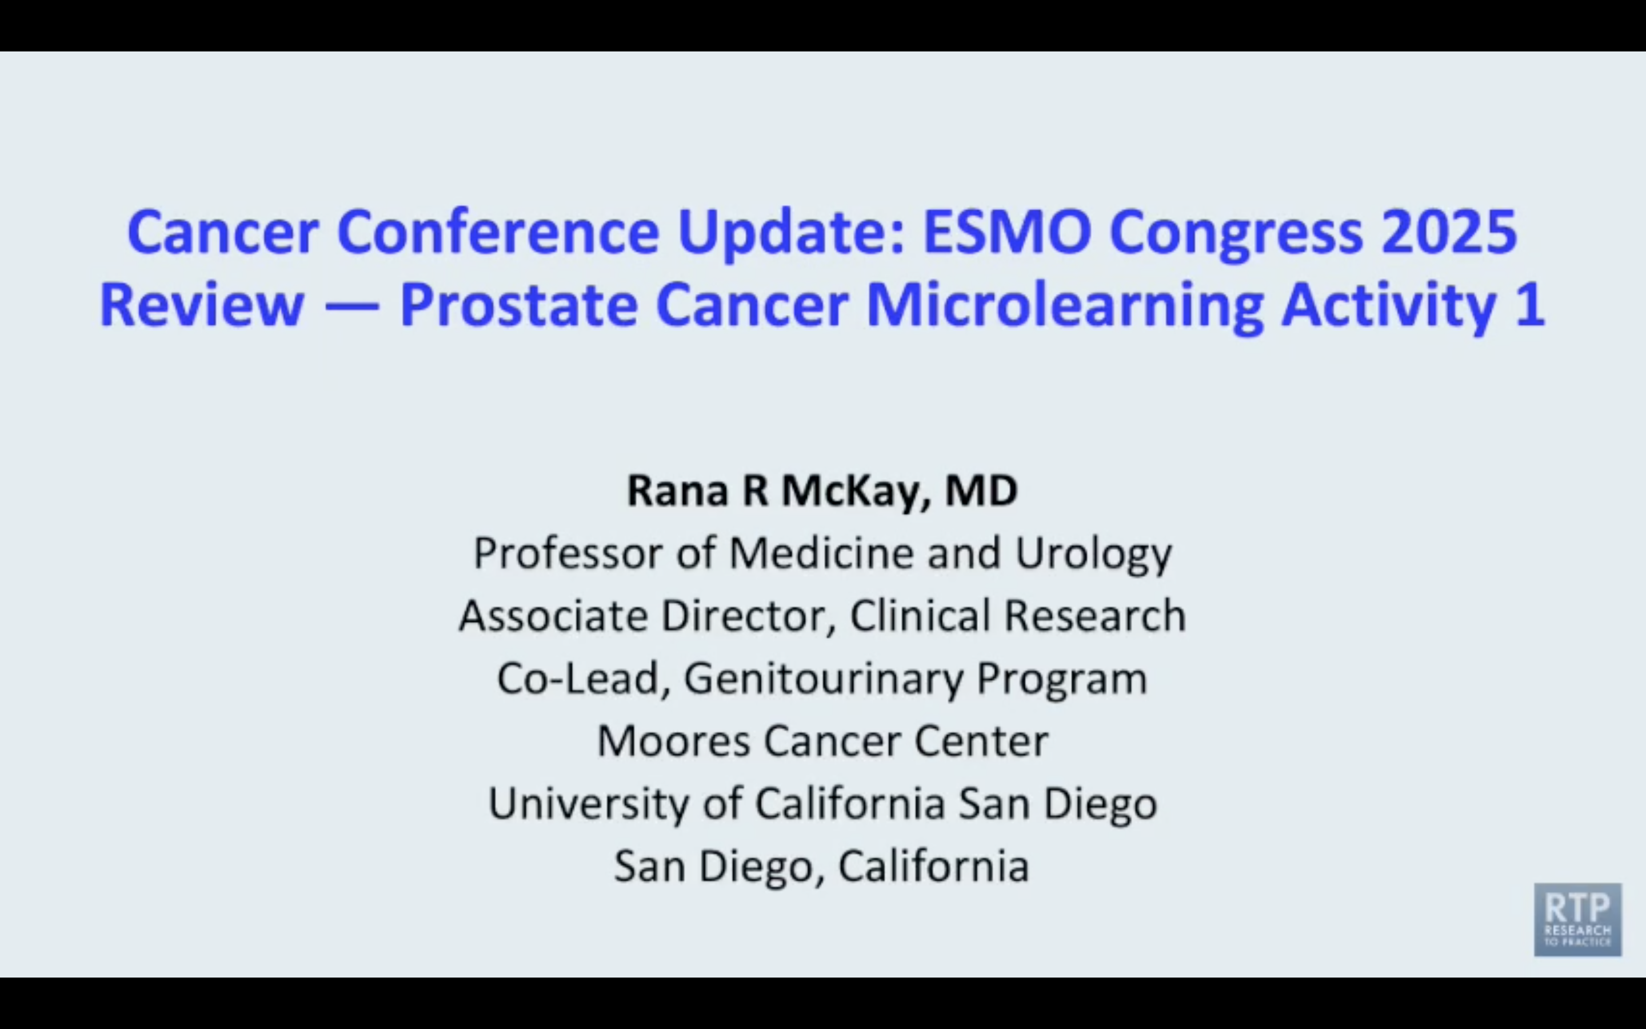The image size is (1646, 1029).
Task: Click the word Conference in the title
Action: (498, 232)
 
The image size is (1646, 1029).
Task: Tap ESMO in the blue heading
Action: (1006, 232)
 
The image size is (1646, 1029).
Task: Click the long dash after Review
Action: (351, 306)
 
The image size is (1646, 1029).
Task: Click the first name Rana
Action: (677, 490)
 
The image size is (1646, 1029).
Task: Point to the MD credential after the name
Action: (981, 490)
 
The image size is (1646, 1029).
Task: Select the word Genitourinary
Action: (823, 679)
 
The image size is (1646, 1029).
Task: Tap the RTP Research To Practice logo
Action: (1577, 919)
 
